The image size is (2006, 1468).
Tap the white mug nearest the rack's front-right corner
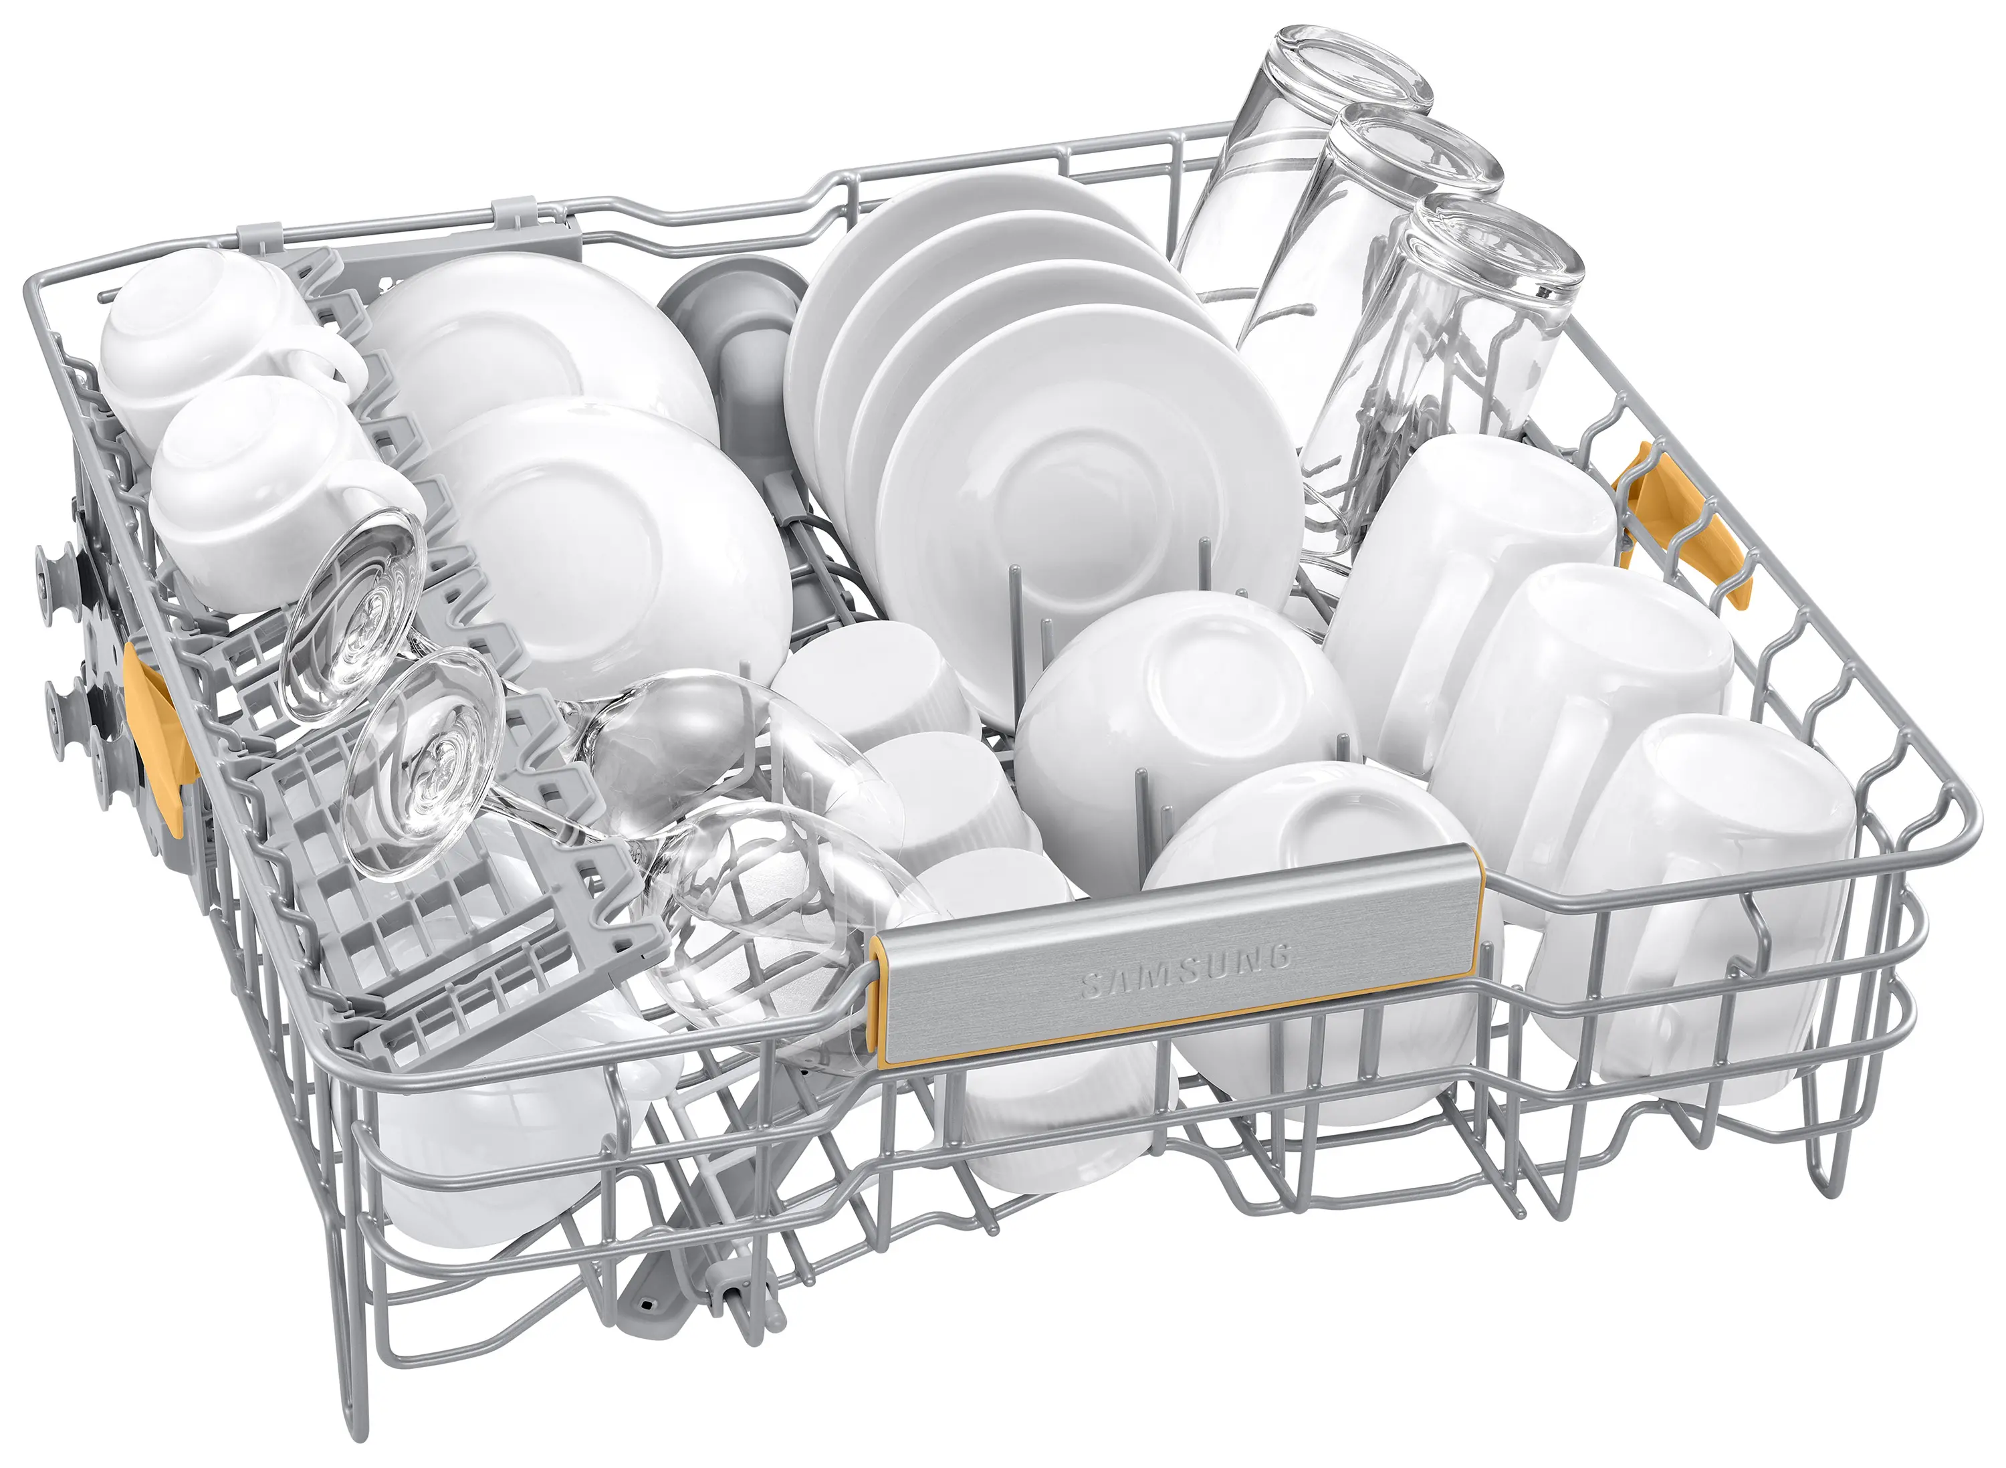(x=1688, y=906)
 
